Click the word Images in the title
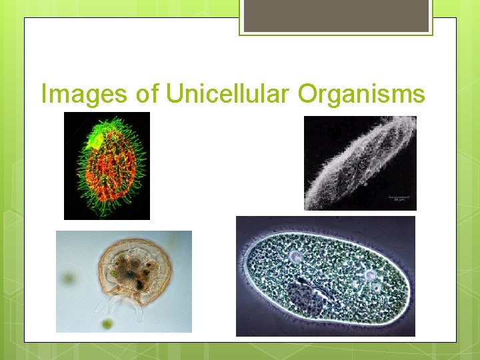click(84, 93)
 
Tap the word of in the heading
click(147, 93)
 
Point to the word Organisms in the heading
click(361, 93)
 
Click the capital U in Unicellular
click(175, 93)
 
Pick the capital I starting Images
click(44, 93)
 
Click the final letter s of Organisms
click(419, 95)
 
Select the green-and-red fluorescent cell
click(107, 167)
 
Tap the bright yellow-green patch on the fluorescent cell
click(95, 141)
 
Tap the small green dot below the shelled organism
click(107, 325)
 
